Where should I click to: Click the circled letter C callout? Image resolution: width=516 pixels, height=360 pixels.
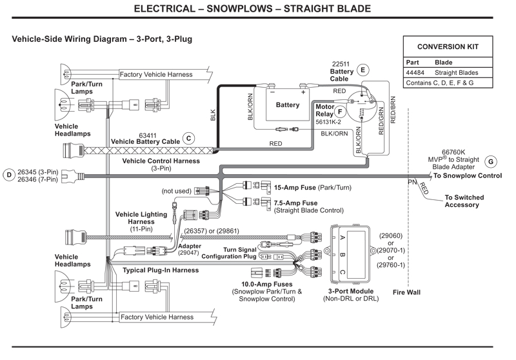point(188,137)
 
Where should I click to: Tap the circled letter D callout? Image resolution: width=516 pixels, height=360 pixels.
point(9,174)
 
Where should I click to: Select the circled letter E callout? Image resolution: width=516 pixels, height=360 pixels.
point(362,70)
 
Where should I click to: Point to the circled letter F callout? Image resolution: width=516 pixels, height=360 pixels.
point(340,110)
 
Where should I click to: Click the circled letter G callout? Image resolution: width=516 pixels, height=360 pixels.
point(491,161)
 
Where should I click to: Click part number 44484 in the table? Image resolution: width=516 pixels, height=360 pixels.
point(416,73)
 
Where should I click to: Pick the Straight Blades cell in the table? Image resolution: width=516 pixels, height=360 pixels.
point(455,73)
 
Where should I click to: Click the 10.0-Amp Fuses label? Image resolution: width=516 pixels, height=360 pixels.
point(266,284)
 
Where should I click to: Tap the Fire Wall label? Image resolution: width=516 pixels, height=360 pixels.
point(406,292)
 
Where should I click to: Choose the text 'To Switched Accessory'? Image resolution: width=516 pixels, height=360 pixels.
point(466,201)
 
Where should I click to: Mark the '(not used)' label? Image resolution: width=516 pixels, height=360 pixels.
point(176,191)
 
